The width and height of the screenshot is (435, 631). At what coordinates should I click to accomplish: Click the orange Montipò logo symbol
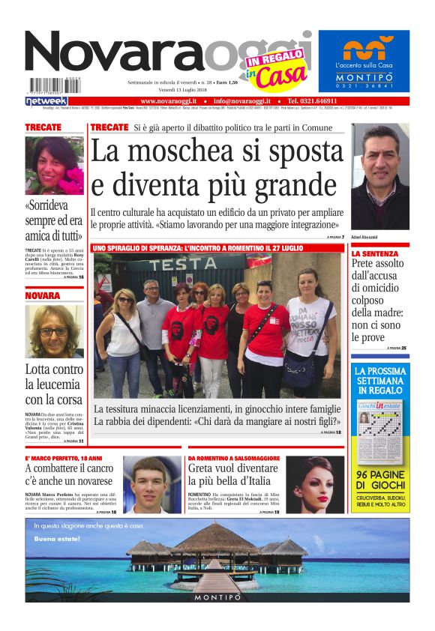364,49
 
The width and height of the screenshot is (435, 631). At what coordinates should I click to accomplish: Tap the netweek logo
46,100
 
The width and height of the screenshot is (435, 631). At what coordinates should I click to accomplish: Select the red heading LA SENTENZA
375,254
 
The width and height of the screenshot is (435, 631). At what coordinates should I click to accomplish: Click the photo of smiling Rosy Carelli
54,166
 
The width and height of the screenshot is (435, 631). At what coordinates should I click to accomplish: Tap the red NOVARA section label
43,296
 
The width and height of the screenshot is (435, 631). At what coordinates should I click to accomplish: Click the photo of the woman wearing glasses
54,331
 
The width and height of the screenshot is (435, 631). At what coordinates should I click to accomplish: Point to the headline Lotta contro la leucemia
54,384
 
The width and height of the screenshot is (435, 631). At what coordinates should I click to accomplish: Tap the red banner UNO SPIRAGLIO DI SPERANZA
198,247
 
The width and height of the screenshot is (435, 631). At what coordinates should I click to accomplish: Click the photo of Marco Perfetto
152,484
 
